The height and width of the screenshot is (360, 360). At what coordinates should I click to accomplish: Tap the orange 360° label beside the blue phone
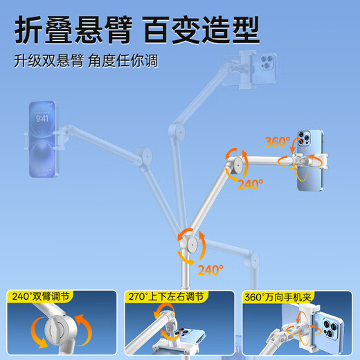(278, 142)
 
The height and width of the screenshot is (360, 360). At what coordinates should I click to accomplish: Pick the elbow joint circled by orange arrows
(237, 166)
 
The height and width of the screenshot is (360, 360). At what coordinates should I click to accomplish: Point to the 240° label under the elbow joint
(250, 184)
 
